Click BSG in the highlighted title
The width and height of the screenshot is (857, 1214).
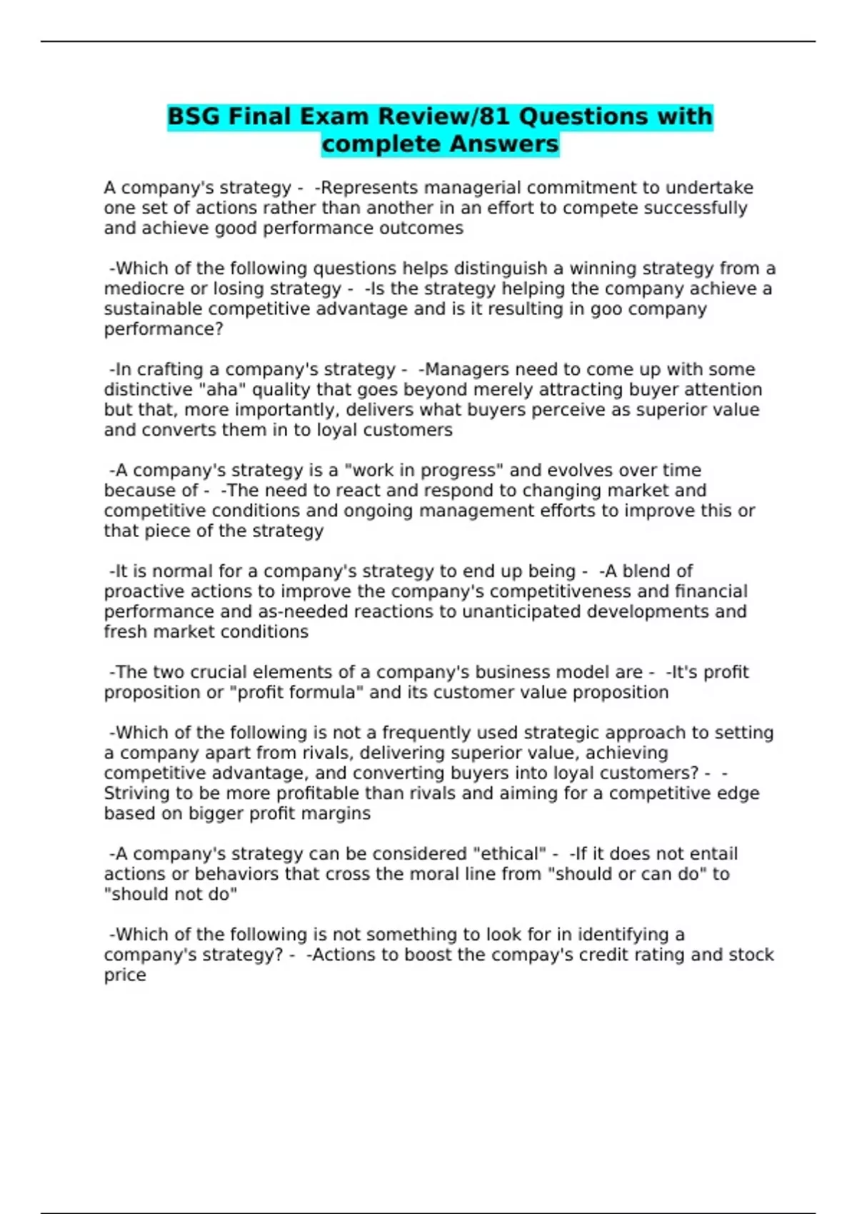[x=194, y=116]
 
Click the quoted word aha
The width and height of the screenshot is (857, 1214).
[x=221, y=390]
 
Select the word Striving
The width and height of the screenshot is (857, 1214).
[x=139, y=793]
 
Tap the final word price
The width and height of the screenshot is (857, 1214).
[x=125, y=975]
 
